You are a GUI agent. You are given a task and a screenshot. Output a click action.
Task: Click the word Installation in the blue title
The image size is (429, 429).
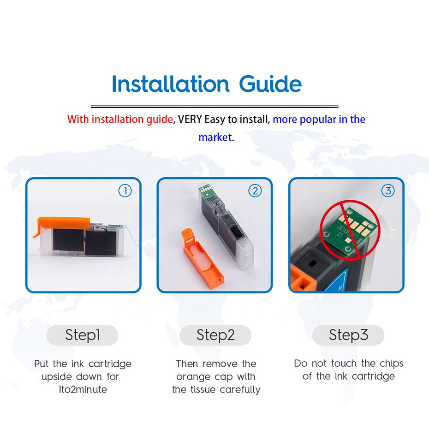click(171, 83)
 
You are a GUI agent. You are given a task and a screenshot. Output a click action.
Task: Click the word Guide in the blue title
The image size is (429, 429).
click(270, 83)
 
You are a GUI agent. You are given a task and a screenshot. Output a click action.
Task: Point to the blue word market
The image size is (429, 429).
click(215, 137)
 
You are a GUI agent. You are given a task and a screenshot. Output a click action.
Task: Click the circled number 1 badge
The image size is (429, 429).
click(125, 191)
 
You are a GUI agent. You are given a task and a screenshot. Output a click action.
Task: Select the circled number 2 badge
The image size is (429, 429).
click(255, 191)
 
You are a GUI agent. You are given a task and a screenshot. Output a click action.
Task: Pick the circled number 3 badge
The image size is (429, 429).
click(388, 191)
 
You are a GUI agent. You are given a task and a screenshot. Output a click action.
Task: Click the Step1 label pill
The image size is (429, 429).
click(83, 335)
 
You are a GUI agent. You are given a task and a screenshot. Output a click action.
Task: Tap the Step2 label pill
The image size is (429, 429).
click(215, 335)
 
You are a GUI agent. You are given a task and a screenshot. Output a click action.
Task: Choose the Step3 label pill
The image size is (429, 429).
click(348, 335)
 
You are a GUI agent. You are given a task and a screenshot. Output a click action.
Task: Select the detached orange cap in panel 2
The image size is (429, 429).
click(202, 259)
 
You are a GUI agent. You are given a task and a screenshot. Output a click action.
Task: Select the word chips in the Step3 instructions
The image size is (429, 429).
click(391, 363)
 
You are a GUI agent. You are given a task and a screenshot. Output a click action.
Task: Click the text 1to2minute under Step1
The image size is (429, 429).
click(83, 389)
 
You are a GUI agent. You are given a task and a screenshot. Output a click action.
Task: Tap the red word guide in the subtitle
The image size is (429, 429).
click(160, 119)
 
